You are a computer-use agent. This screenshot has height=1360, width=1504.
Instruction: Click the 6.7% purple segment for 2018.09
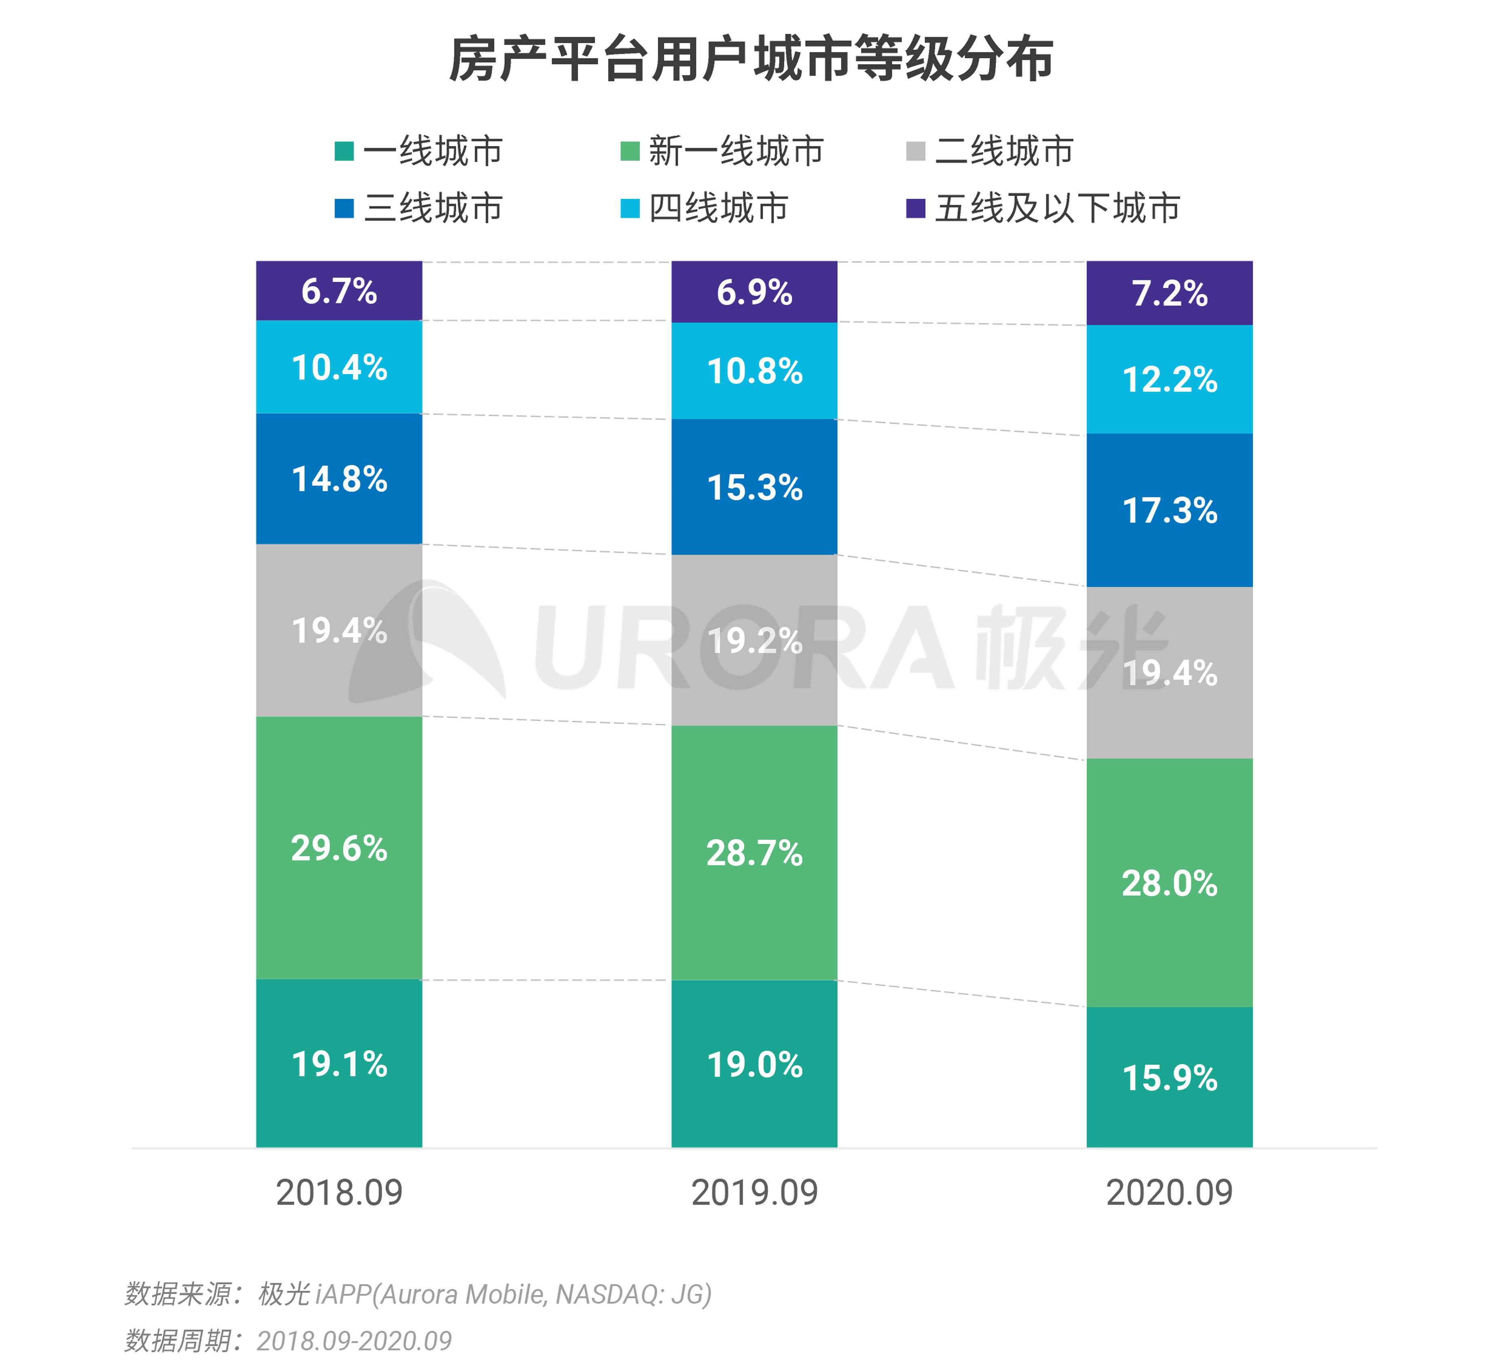pyautogui.click(x=340, y=291)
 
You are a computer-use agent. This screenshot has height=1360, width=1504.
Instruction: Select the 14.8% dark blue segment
pyautogui.click(x=340, y=479)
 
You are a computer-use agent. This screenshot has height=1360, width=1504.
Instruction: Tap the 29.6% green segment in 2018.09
pyautogui.click(x=340, y=848)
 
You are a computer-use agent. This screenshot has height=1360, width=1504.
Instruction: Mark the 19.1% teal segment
pyautogui.click(x=340, y=1063)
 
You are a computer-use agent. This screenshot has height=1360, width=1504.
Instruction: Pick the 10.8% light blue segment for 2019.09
pyautogui.click(x=754, y=371)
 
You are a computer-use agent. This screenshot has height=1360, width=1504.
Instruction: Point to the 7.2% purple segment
pyautogui.click(x=1169, y=293)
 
